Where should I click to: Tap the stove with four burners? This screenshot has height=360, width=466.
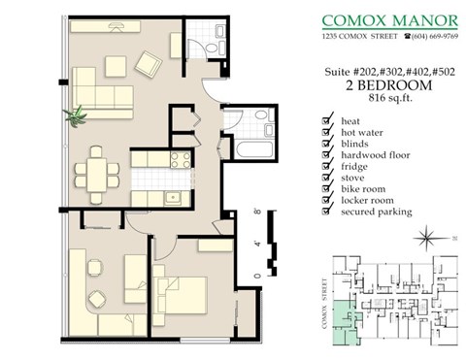pos(180,160)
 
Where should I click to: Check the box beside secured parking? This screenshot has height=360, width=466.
pos(325,212)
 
